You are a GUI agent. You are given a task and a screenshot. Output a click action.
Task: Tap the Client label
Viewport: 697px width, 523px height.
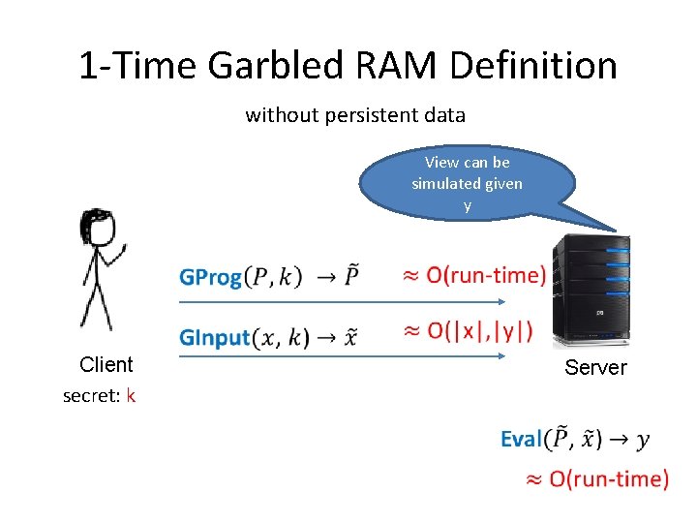click(106, 364)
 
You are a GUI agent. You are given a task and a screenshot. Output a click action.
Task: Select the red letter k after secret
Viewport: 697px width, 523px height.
click(131, 395)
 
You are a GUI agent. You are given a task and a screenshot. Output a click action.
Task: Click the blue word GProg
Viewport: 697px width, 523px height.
click(210, 278)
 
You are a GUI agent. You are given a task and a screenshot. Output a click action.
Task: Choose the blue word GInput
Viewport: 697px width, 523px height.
click(214, 337)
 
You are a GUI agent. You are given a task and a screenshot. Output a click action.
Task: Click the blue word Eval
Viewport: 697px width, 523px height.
click(521, 440)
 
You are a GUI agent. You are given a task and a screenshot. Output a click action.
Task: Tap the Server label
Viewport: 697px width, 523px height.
click(595, 367)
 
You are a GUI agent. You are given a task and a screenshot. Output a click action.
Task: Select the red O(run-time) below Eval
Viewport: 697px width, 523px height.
click(608, 478)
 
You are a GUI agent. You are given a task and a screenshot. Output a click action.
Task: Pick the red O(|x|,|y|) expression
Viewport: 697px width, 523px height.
click(480, 331)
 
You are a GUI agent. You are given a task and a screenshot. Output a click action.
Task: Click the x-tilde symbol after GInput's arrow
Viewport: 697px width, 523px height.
click(351, 337)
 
